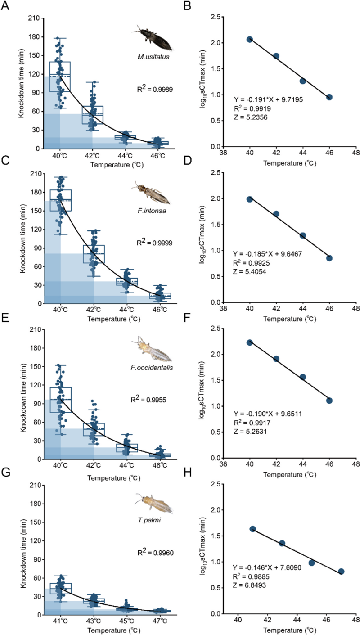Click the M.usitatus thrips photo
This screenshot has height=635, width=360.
click(x=153, y=37)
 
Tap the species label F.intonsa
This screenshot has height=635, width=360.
click(x=152, y=211)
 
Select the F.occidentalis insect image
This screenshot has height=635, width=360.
click(x=152, y=349)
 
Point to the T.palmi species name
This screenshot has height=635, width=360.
click(x=149, y=520)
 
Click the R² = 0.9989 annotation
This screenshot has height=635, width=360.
click(x=155, y=89)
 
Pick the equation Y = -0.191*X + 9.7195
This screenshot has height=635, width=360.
click(x=268, y=99)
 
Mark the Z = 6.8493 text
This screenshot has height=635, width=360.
click(x=249, y=585)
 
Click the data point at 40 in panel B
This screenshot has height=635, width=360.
click(x=249, y=40)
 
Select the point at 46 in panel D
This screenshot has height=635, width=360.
click(x=329, y=258)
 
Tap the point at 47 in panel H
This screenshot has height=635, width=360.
click(x=341, y=572)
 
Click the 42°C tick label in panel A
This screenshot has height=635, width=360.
click(x=92, y=156)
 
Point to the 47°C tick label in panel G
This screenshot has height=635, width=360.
click(x=160, y=621)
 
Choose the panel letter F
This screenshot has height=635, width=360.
click(x=187, y=318)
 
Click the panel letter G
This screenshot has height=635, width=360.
click(x=6, y=473)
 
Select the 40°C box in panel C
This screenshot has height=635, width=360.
click(x=61, y=200)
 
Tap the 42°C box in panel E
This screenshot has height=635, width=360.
click(x=94, y=429)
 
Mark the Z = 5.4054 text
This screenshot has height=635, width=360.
click(x=249, y=271)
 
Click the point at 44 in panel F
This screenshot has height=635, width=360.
click(x=303, y=377)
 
